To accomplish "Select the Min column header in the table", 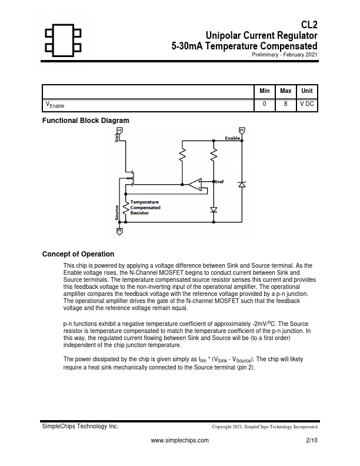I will [x=265, y=91].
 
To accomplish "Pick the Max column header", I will [x=286, y=91].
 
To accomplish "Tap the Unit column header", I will [x=306, y=91].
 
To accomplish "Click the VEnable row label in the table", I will [x=55, y=105].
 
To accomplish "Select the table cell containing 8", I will [x=286, y=104].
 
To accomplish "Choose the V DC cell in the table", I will [x=306, y=104].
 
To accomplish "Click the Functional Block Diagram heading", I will [x=85, y=121].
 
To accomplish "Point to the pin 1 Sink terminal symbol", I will [x=119, y=129].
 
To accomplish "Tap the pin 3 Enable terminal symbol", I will [x=241, y=129].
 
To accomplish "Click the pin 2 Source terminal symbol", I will [x=119, y=231].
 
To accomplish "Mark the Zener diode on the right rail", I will [x=241, y=184].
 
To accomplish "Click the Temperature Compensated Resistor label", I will [x=145, y=207].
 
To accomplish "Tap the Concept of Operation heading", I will [x=78, y=254].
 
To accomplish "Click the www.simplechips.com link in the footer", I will [x=180, y=440].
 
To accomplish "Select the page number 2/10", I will [x=312, y=440].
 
